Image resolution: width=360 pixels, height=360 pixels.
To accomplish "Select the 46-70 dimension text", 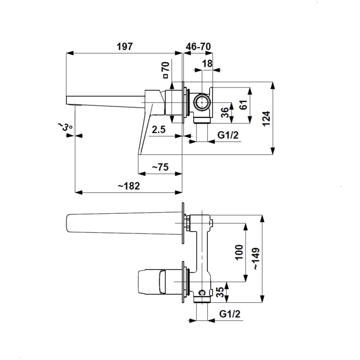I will [197, 46].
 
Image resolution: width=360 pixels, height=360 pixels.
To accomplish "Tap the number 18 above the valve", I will [207, 63].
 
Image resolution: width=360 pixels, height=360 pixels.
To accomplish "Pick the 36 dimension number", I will [224, 112].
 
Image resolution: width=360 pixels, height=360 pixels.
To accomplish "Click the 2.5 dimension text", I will [158, 130].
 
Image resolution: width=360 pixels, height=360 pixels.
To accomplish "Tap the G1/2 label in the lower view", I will [229, 314].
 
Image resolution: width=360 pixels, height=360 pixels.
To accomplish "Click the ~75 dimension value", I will [160, 167].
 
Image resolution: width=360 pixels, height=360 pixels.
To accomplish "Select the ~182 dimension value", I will [128, 186].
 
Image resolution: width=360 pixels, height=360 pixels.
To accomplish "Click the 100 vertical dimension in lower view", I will [239, 252].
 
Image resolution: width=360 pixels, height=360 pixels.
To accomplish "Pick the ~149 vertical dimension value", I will [257, 259].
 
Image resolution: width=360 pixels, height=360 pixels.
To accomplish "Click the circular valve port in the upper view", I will [202, 102].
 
